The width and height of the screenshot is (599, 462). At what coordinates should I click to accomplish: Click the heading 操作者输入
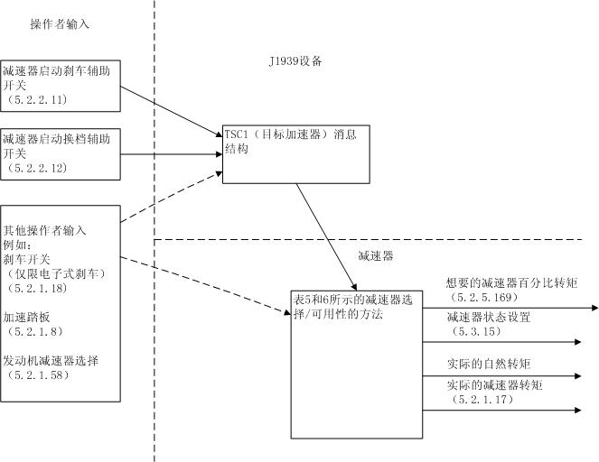(60, 24)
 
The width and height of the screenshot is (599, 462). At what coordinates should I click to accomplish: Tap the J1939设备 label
(295, 61)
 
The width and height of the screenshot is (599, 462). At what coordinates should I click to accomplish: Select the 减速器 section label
(376, 255)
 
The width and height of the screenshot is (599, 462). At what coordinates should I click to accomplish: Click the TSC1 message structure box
(295, 153)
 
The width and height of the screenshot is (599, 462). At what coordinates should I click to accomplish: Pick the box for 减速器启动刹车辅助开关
(60, 83)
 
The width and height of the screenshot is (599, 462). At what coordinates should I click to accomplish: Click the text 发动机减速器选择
(50, 360)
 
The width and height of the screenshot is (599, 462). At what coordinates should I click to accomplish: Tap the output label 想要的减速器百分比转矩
(511, 282)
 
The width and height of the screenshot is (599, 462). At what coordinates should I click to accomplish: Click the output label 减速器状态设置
(488, 318)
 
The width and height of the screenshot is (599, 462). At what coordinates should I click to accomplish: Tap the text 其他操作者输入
(45, 230)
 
